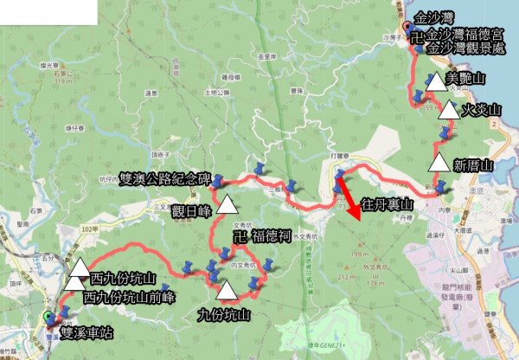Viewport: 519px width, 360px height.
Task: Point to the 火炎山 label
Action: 482,111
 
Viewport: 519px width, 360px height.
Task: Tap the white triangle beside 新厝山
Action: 439,163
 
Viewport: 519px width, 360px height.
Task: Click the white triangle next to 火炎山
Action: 448,109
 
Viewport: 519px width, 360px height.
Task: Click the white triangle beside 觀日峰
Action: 227,205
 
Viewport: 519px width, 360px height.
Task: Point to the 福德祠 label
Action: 267,235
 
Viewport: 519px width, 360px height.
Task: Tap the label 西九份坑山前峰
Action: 130,297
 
